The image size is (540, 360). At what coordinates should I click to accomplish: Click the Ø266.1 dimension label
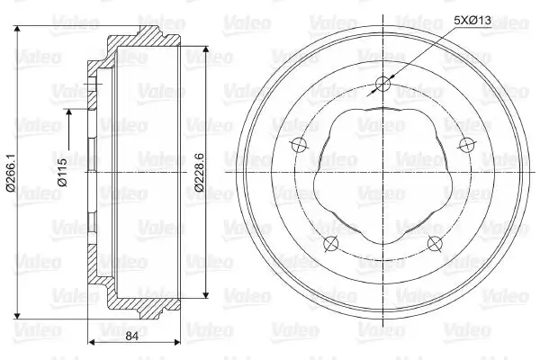(11, 174)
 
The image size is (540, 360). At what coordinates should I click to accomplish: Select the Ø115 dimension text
(63, 172)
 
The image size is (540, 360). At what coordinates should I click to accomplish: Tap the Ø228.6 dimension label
(200, 173)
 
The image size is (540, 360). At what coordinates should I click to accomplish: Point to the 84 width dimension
(131, 336)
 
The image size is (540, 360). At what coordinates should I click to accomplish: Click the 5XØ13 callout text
(472, 21)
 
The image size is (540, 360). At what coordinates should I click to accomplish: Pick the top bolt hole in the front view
(382, 84)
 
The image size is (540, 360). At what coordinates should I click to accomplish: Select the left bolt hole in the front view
(299, 145)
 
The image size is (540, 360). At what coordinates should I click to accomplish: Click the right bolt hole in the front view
(466, 145)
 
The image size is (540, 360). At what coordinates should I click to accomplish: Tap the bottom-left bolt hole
(331, 243)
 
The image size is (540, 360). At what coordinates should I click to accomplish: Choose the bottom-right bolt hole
(435, 243)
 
